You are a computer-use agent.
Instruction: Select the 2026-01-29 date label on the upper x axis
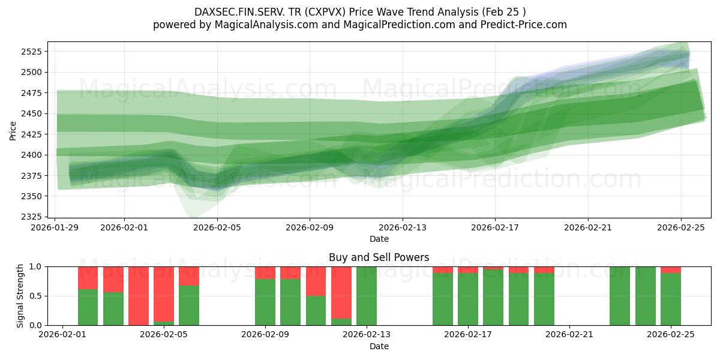point(55,227)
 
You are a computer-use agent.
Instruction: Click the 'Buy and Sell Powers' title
point(379,257)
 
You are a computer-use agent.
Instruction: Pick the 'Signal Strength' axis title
point(20,296)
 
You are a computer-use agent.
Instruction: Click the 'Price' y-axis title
point(13,130)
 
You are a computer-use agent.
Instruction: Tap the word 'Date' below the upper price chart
point(379,239)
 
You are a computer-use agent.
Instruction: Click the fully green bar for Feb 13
point(367,296)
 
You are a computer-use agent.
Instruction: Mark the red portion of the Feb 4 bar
point(139,296)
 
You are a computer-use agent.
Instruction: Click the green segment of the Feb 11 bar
point(316,310)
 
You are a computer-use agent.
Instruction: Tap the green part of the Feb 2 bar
point(88,307)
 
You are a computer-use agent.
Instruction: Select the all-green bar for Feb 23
point(620,296)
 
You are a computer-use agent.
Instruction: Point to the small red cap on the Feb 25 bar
point(671,269)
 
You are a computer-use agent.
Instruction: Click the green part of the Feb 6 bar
point(189,305)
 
